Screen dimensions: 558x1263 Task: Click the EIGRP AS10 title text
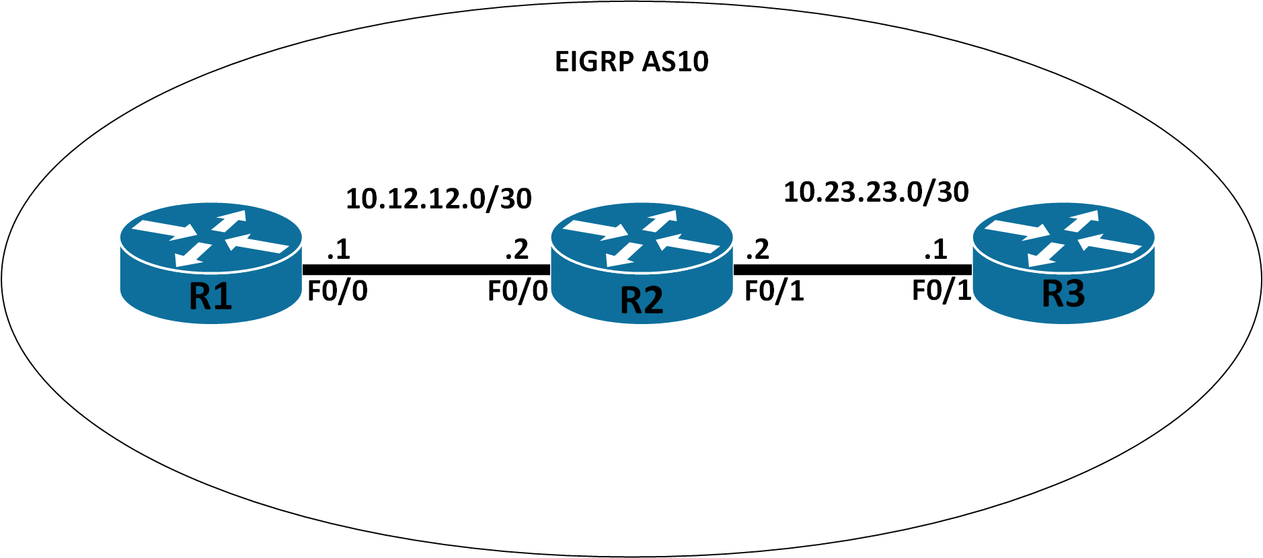631,62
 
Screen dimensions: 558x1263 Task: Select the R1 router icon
210,263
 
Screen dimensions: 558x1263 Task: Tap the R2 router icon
641,263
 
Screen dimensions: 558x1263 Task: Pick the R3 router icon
1063,263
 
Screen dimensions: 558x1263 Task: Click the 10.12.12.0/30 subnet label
438,199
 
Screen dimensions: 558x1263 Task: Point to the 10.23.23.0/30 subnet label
876,192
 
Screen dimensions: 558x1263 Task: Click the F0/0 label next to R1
337,291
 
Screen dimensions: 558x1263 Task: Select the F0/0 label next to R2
517,291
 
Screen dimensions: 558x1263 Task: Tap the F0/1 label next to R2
773,291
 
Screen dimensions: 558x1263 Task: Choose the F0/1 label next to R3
942,290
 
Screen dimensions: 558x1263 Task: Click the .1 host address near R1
338,250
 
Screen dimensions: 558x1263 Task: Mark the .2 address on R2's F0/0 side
516,250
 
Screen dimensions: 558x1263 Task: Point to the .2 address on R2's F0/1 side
757,250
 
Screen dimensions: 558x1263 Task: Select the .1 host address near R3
935,250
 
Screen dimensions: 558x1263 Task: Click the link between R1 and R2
426,270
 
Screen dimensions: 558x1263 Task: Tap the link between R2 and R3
852,270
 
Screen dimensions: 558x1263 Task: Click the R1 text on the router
210,296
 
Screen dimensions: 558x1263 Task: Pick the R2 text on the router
641,300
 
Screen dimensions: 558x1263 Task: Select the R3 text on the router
1063,294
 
